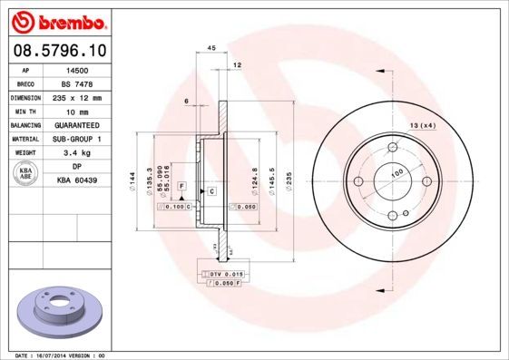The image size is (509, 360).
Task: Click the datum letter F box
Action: tap(181, 185)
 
